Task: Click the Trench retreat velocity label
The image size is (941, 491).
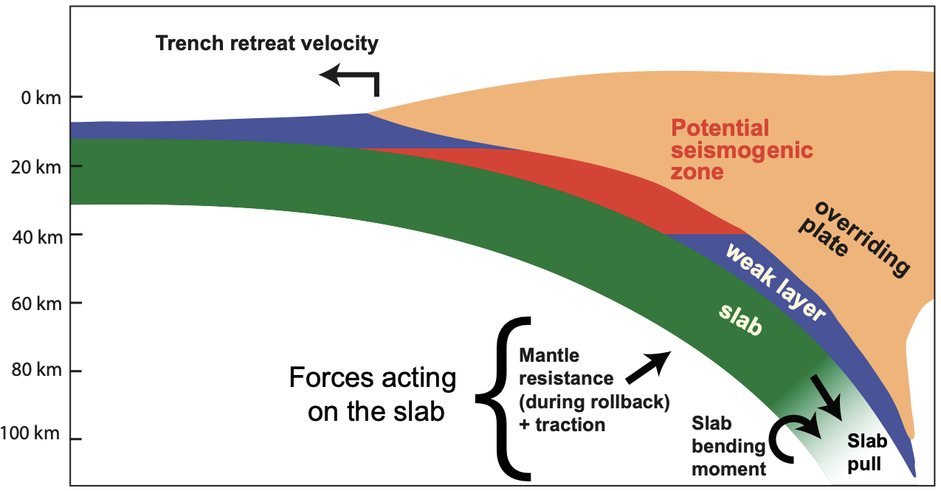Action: tap(266, 44)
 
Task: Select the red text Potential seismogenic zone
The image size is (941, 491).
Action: tap(741, 150)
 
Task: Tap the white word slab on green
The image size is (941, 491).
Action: tap(740, 319)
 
